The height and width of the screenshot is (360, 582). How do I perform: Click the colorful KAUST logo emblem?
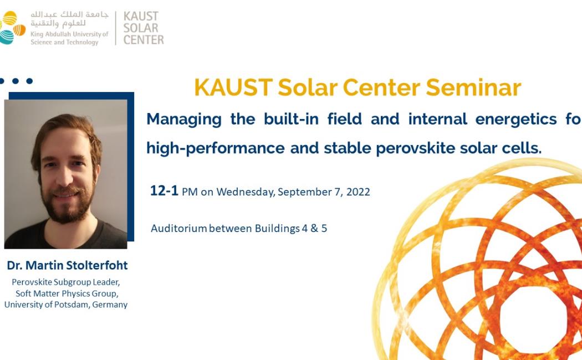pos(12,28)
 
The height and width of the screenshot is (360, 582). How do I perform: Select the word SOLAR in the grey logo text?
pos(141,28)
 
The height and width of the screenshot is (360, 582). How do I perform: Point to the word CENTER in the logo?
pos(144,40)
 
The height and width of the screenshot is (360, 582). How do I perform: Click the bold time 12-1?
pos(164,191)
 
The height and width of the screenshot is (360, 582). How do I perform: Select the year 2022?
pos(358,192)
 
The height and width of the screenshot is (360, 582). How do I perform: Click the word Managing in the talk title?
pos(183,120)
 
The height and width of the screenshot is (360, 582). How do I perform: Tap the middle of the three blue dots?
pos(16,81)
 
